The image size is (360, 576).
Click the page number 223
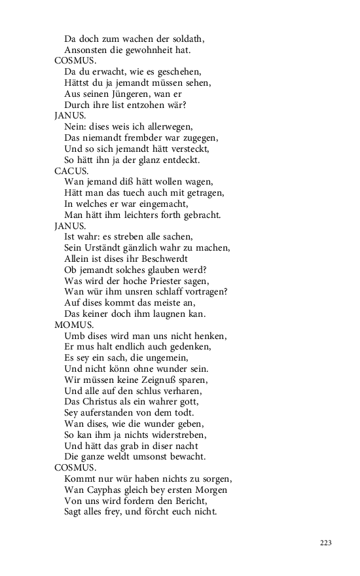pos(326,543)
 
